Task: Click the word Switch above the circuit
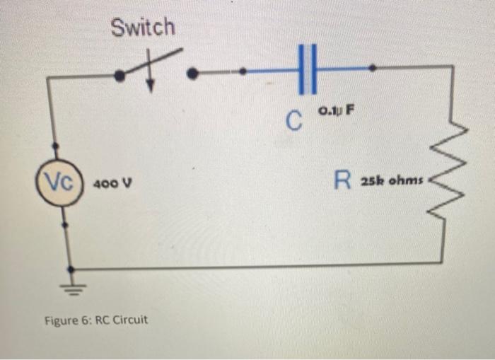click(143, 28)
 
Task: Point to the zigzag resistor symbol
click(450, 178)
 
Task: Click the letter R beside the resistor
click(343, 181)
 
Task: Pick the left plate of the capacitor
click(301, 69)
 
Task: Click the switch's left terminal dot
click(120, 74)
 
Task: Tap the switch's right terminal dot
click(197, 71)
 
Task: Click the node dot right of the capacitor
click(373, 68)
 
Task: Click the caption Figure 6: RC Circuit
click(96, 320)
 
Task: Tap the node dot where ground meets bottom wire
click(69, 269)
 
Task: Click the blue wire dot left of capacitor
click(243, 71)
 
